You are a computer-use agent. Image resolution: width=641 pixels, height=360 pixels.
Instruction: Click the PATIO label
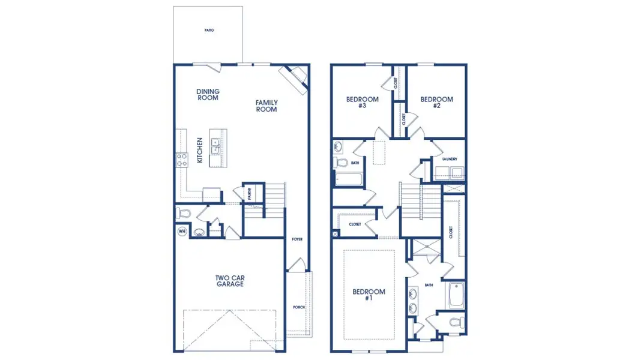208,29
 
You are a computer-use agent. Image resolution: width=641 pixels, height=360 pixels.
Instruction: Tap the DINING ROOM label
208,95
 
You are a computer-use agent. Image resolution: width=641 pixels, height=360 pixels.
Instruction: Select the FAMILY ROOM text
266,106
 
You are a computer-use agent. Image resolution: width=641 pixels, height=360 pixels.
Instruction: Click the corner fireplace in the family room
295,77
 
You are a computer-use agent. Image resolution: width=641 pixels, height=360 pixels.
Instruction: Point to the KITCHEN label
199,151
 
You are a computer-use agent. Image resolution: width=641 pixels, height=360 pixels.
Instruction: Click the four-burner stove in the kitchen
181,159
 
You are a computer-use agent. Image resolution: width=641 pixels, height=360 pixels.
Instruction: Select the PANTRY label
249,194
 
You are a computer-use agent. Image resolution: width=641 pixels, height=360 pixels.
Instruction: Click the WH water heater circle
182,230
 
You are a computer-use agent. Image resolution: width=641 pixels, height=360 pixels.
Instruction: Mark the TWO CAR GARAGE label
230,281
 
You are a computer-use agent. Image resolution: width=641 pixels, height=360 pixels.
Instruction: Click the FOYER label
297,239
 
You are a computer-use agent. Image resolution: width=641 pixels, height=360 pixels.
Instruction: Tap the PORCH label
299,307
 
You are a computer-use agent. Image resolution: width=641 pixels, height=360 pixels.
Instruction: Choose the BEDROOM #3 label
362,103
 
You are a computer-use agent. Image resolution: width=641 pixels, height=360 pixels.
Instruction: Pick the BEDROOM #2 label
436,103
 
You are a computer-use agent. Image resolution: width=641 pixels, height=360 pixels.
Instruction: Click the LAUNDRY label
450,159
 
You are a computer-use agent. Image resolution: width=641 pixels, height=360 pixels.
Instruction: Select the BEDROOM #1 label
369,295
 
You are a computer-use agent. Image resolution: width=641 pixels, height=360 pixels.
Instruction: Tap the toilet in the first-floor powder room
184,213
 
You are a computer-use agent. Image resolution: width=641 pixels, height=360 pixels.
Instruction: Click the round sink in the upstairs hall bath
338,146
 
